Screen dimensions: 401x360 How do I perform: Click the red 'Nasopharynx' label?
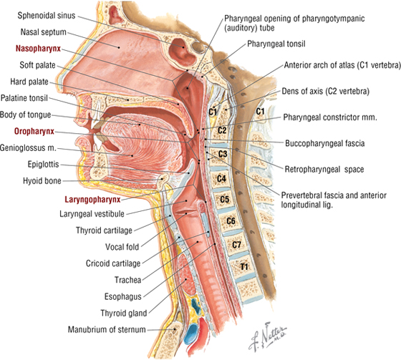click(38, 49)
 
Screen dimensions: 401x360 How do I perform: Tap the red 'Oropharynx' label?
click(34, 132)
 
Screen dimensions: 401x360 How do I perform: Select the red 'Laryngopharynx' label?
click(92, 200)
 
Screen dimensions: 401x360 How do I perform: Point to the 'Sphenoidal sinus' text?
click(47, 16)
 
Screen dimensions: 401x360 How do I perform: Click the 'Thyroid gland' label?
click(124, 313)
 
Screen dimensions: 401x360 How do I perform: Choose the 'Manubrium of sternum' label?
click(107, 329)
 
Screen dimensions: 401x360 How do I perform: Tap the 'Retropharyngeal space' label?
click(324, 169)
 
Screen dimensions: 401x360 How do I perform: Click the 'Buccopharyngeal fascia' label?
click(325, 143)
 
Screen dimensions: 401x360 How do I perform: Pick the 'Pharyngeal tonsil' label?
click(276, 44)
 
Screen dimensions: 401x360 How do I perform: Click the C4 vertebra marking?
click(221, 178)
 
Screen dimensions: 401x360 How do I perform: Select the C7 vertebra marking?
click(236, 245)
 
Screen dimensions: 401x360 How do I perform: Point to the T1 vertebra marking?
click(244, 267)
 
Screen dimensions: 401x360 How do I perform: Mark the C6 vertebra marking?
click(231, 220)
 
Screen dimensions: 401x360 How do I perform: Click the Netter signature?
click(268, 336)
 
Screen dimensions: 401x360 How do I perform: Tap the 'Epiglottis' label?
click(43, 164)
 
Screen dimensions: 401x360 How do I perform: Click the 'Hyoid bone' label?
click(42, 181)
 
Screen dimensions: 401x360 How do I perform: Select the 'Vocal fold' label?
click(122, 247)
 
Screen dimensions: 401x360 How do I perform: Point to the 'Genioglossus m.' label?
click(28, 147)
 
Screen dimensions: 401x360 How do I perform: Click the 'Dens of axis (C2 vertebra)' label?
click(326, 92)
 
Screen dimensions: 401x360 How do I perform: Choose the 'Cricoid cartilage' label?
click(113, 263)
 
